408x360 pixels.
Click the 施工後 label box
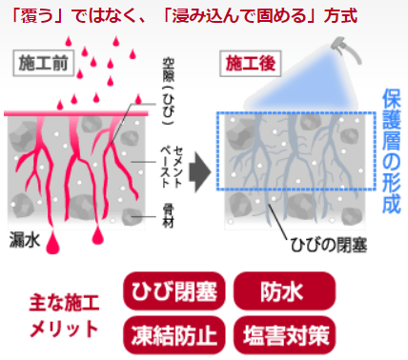(251, 64)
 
